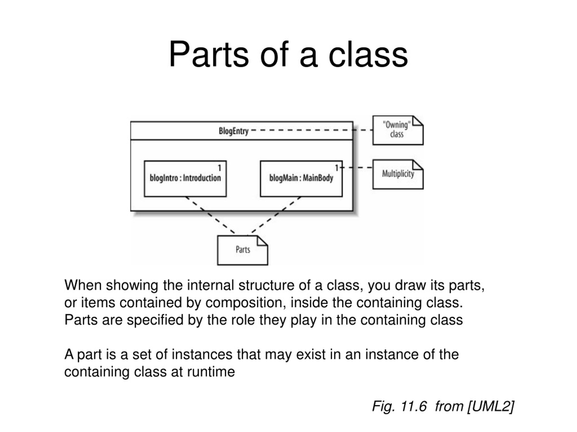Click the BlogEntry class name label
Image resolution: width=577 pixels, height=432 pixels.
click(234, 131)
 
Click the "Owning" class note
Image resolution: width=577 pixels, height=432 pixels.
click(398, 130)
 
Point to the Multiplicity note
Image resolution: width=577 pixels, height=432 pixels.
click(398, 174)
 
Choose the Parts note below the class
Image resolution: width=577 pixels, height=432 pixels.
click(243, 250)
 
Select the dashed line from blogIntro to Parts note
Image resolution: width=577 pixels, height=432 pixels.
click(210, 215)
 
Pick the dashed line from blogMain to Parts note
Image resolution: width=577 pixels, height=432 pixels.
click(276, 215)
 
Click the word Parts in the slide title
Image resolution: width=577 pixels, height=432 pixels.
click(209, 55)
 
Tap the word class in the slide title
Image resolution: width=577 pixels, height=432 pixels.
click(368, 55)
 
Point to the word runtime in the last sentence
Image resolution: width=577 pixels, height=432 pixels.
click(211, 372)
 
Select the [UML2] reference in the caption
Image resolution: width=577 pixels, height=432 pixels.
click(491, 406)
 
